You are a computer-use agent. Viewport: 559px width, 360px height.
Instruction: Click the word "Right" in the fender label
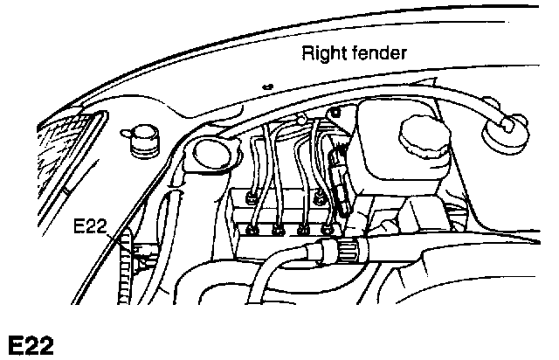[321, 52]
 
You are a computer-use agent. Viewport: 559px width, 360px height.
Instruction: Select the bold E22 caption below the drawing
[31, 343]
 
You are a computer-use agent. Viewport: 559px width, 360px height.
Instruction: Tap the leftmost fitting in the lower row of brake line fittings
[253, 229]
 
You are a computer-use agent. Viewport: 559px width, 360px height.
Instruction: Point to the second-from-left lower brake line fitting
[279, 231]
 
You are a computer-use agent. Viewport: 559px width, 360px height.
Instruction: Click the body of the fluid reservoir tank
[393, 166]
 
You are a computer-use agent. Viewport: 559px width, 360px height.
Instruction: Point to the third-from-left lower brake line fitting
[303, 231]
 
